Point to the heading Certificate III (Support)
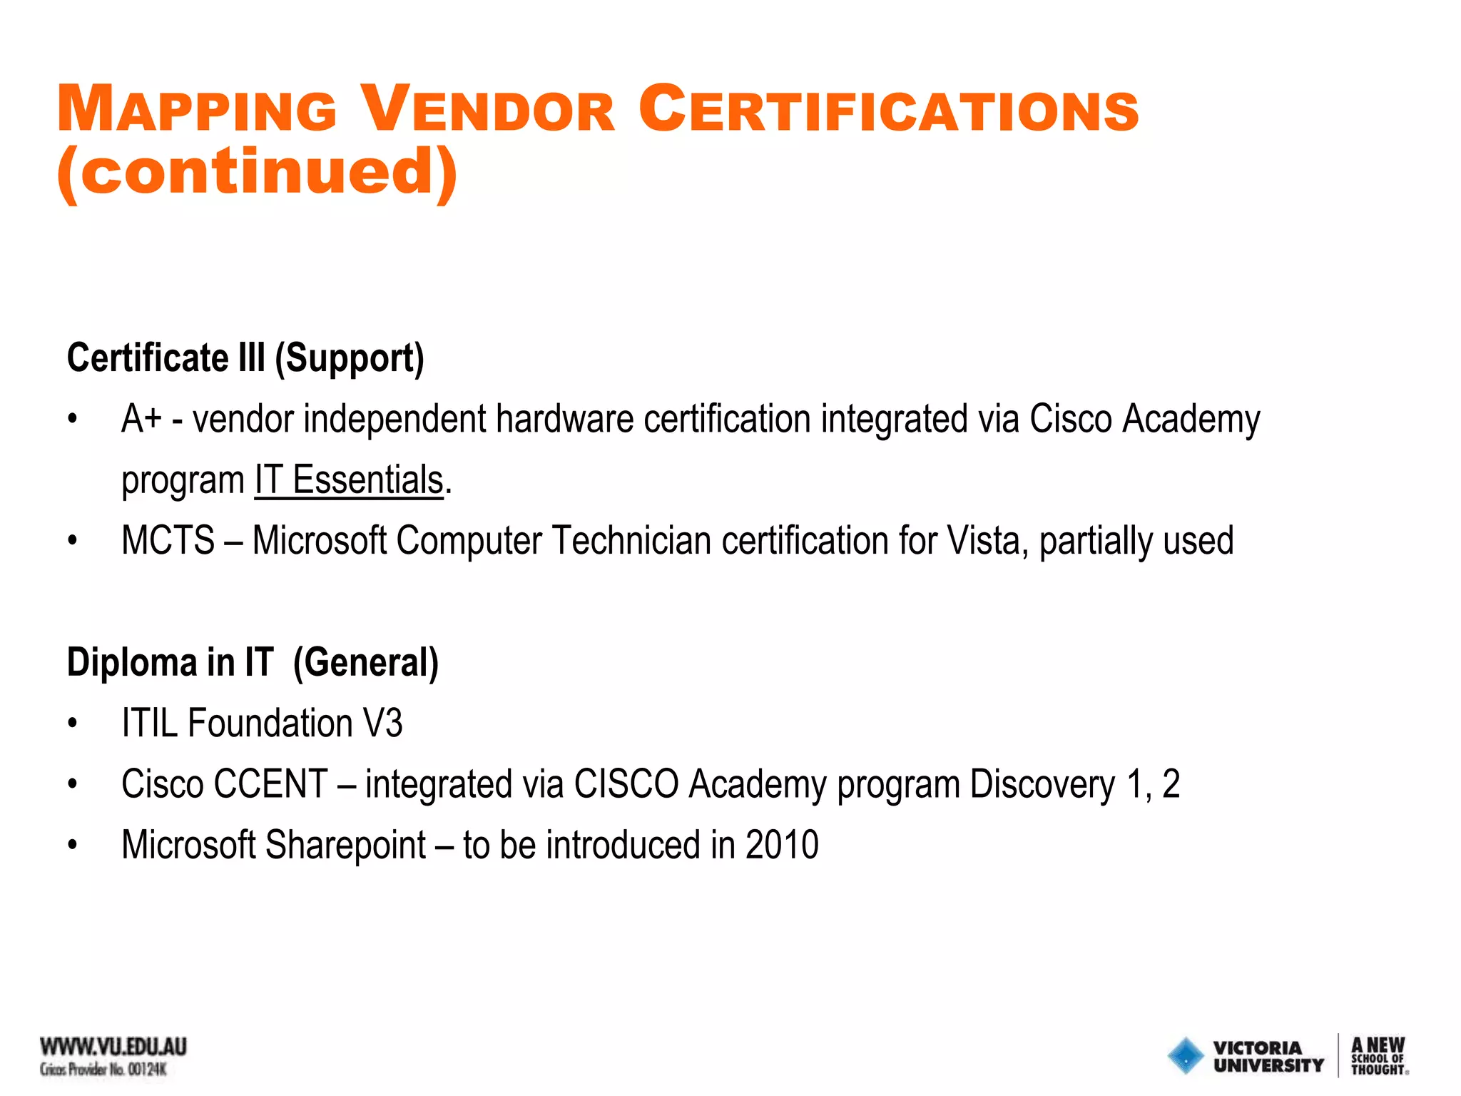click(245, 357)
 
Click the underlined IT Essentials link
click(350, 479)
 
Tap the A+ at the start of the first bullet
click(142, 419)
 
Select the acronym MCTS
click(168, 541)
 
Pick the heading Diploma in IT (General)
click(253, 662)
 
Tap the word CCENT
click(271, 784)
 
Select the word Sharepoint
click(345, 846)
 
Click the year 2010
click(782, 846)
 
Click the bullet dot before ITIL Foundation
click(72, 724)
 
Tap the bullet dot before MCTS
click(72, 542)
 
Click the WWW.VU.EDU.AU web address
click(113, 1047)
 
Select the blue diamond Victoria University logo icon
click(1186, 1055)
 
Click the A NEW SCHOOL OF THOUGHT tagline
click(1378, 1055)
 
